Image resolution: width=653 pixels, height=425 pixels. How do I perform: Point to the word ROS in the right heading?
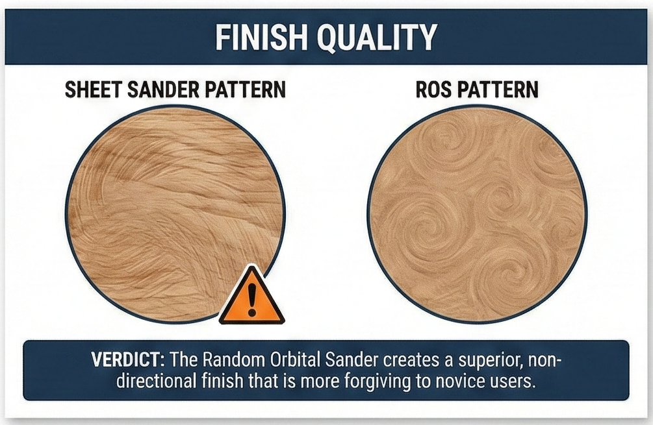click(433, 89)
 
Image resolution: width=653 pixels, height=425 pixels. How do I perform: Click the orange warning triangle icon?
click(251, 298)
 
